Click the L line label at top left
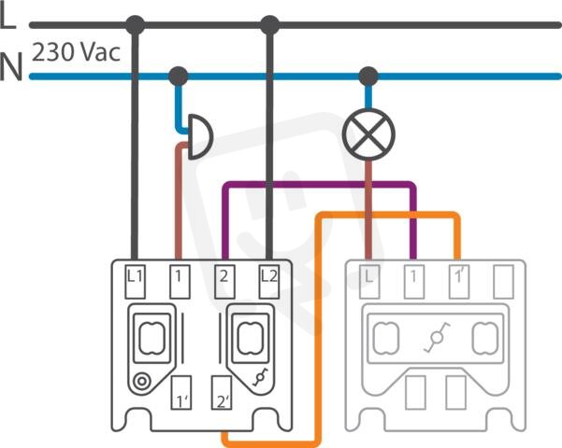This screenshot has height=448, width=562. click(7, 17)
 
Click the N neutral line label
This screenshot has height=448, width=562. click(10, 66)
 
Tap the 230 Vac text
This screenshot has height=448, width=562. click(76, 52)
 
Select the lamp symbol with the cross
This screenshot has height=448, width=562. click(368, 134)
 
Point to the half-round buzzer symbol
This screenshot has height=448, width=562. click(199, 136)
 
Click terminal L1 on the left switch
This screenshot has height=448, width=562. click(136, 282)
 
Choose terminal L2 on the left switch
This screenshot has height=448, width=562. click(269, 282)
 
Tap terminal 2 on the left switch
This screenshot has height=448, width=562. click(224, 282)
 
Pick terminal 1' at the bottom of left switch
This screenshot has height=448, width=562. click(181, 393)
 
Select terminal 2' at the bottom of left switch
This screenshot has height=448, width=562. click(221, 393)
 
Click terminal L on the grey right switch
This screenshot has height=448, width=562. click(369, 282)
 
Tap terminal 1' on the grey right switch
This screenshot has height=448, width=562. click(459, 282)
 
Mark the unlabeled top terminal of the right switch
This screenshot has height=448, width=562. click(504, 282)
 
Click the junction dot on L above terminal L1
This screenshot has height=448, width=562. click(136, 25)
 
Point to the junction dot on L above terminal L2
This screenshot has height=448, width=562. click(269, 25)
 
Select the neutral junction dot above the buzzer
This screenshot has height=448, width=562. click(178, 77)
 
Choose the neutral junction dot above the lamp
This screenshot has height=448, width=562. click(368, 77)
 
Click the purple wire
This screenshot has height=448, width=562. click(319, 185)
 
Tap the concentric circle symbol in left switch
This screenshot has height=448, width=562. click(142, 382)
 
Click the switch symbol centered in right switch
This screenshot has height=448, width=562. click(436, 337)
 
